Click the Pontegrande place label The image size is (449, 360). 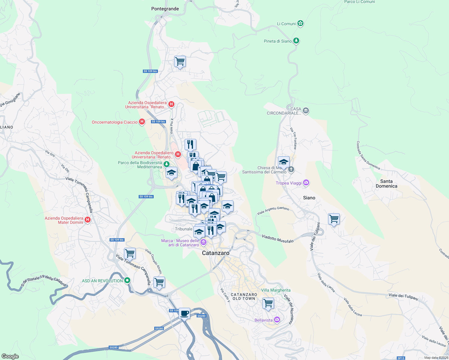165,9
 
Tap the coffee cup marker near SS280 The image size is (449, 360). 185,313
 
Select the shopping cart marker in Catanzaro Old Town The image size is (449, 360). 268,303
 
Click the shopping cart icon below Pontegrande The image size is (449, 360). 180,61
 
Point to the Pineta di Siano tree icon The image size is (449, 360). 296,40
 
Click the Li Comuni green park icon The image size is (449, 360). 300,23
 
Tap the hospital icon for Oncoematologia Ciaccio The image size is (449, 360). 142,122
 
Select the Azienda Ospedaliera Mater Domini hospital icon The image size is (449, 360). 88,220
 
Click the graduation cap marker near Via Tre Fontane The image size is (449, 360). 284,162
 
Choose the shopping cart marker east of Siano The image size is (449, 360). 334,219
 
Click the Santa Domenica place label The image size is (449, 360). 386,184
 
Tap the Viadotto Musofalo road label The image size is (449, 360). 278,239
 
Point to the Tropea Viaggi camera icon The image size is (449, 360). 306,183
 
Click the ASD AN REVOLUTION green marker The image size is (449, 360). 127,280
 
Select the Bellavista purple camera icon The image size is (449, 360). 277,320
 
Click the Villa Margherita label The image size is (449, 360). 276,290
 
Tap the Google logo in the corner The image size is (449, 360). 10,356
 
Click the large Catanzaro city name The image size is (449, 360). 215,253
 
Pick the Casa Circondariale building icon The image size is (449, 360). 306,111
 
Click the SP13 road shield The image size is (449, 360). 401,358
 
